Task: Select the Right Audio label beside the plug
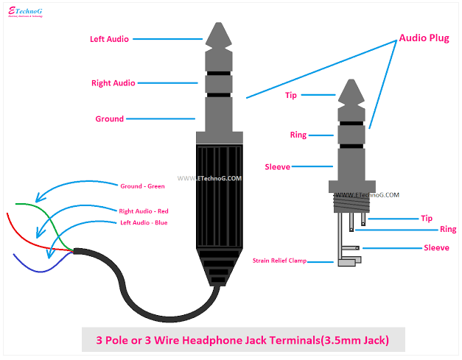(x=113, y=83)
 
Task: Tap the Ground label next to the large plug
(x=109, y=119)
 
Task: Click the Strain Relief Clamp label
(x=279, y=261)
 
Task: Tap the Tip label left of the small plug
(x=292, y=95)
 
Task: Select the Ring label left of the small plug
(x=298, y=135)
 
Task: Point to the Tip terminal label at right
(x=426, y=218)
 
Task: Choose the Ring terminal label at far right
(x=447, y=230)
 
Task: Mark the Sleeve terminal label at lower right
(x=436, y=248)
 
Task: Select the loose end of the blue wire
(x=15, y=255)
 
